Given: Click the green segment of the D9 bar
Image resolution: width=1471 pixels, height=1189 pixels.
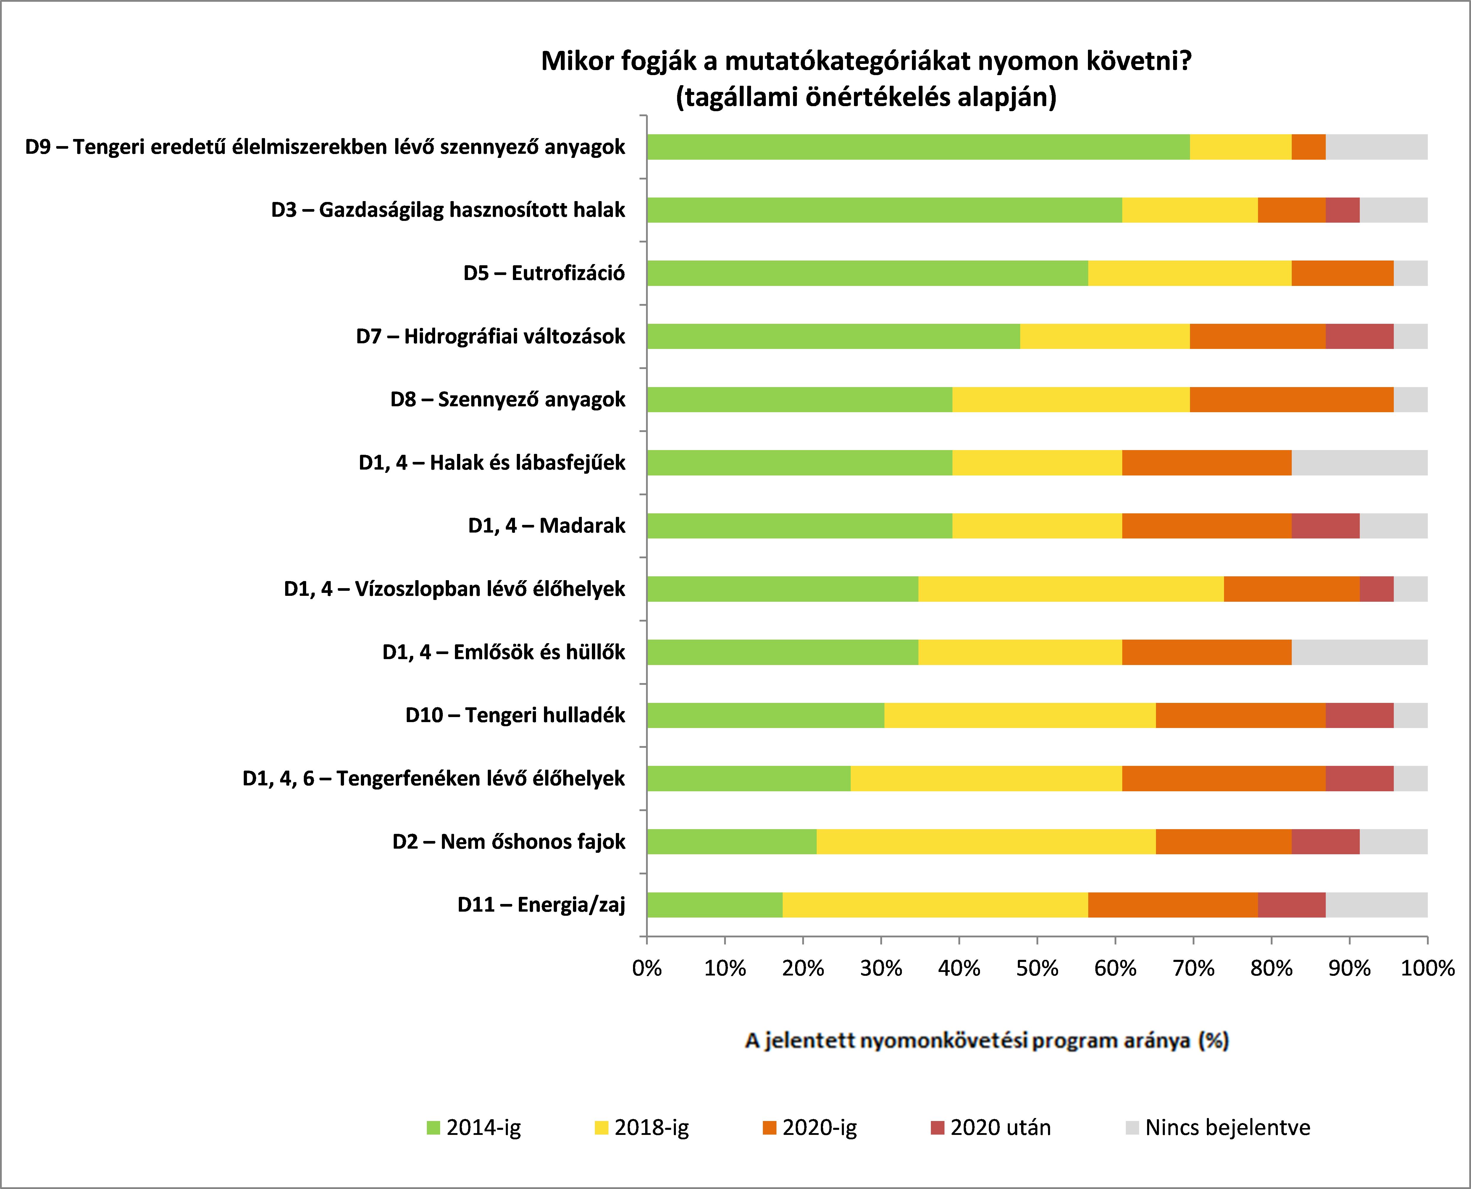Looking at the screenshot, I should (x=918, y=147).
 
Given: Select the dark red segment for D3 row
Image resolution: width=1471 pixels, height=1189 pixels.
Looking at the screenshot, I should (x=1342, y=210).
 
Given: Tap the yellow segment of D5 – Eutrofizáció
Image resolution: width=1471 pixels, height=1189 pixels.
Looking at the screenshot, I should (x=1189, y=273).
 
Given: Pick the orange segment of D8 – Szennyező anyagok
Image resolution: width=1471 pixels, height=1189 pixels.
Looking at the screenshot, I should (x=1291, y=399).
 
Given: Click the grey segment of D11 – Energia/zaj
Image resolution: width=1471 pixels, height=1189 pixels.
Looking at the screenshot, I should (x=1376, y=905).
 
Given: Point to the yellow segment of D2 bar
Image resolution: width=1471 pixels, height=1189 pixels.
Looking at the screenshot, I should (x=986, y=842).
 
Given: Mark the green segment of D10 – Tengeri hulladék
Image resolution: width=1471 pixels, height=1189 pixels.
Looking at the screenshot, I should (x=765, y=715).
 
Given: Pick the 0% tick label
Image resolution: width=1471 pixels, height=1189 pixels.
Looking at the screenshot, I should (x=647, y=968).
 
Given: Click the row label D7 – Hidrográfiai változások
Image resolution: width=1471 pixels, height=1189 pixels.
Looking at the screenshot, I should (x=490, y=336).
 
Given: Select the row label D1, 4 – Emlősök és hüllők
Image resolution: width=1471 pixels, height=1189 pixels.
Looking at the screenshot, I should (x=503, y=652).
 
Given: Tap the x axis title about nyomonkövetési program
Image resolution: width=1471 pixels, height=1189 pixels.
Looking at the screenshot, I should (x=986, y=1040).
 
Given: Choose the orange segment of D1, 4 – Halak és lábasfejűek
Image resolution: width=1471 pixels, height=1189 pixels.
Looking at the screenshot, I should (x=1207, y=463).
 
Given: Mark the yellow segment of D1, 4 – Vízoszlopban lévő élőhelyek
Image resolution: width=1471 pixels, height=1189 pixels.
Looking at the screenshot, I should (x=1071, y=589).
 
